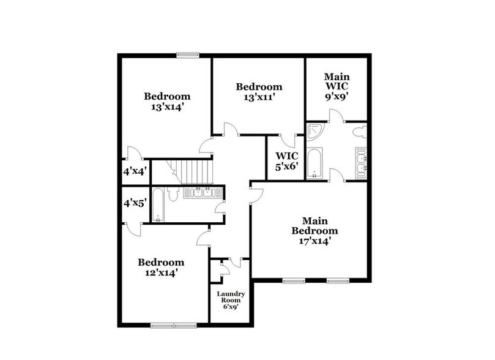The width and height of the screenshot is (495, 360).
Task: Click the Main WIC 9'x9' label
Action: pos(336,86)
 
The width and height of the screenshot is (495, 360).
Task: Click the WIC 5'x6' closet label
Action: pos(286,160)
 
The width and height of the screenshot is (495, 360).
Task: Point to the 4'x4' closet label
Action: pos(135,171)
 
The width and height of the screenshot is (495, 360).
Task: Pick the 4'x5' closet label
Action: pos(135,202)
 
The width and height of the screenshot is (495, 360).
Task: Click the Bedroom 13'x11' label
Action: pos(259,92)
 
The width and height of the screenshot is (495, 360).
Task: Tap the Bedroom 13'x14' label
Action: pos(167,101)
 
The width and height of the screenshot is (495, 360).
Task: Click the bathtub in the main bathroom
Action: pos(314,163)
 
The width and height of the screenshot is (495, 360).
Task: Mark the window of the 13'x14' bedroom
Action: pos(187,54)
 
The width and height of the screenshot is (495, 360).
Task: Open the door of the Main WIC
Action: pos(335,116)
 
